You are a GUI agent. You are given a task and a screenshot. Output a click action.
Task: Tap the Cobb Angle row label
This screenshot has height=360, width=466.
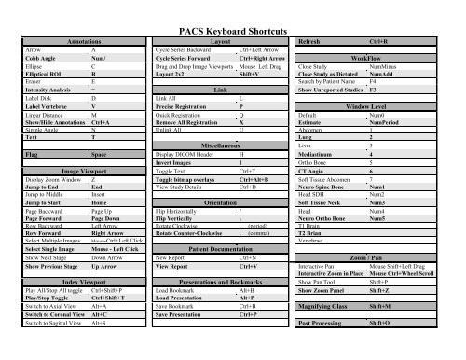(x=21, y=60)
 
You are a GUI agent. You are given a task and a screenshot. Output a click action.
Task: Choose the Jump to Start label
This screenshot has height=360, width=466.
(x=27, y=201)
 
